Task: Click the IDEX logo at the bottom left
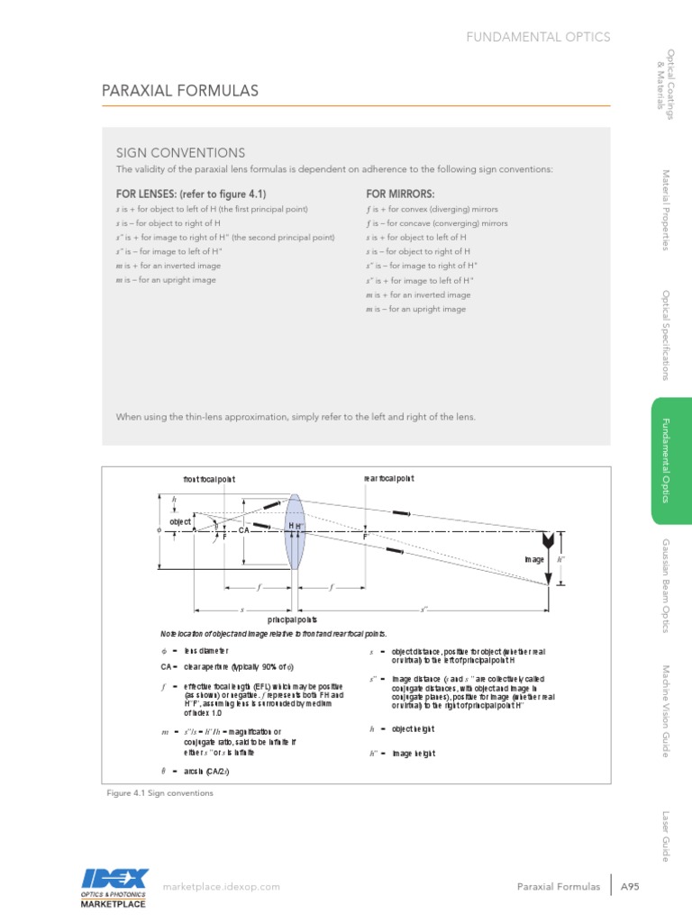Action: coord(114,886)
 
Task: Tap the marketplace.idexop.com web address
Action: coord(221,887)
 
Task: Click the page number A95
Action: coord(630,887)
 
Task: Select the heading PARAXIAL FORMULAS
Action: coord(179,91)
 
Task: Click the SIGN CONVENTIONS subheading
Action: coord(180,153)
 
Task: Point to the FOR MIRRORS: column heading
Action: coord(400,194)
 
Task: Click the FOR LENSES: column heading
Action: coord(191,194)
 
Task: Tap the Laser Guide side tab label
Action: coord(668,835)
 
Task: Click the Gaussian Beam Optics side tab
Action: coord(668,585)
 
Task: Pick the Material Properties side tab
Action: coord(668,210)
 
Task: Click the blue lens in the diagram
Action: coord(294,531)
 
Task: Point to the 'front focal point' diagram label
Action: coord(209,479)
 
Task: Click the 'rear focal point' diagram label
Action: coord(388,478)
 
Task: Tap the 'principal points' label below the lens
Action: coord(292,620)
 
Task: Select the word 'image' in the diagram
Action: coord(535,559)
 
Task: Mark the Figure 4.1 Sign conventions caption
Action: coord(159,793)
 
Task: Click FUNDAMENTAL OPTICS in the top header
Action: coord(537,37)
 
